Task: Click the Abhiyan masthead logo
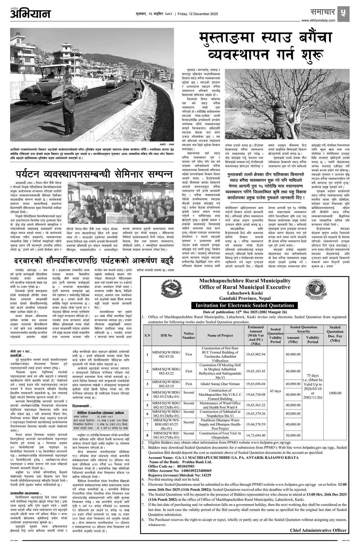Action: click(30, 13)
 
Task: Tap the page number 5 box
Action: click(343, 13)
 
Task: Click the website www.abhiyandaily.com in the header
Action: click(318, 21)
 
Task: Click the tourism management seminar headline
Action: click(94, 174)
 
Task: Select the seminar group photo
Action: click(120, 203)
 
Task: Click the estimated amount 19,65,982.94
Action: click(255, 354)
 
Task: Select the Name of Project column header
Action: click(220, 335)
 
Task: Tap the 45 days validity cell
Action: click(275, 391)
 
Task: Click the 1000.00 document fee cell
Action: click(335, 393)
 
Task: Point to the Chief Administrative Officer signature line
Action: click(318, 530)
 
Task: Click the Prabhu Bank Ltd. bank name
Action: click(197, 462)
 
